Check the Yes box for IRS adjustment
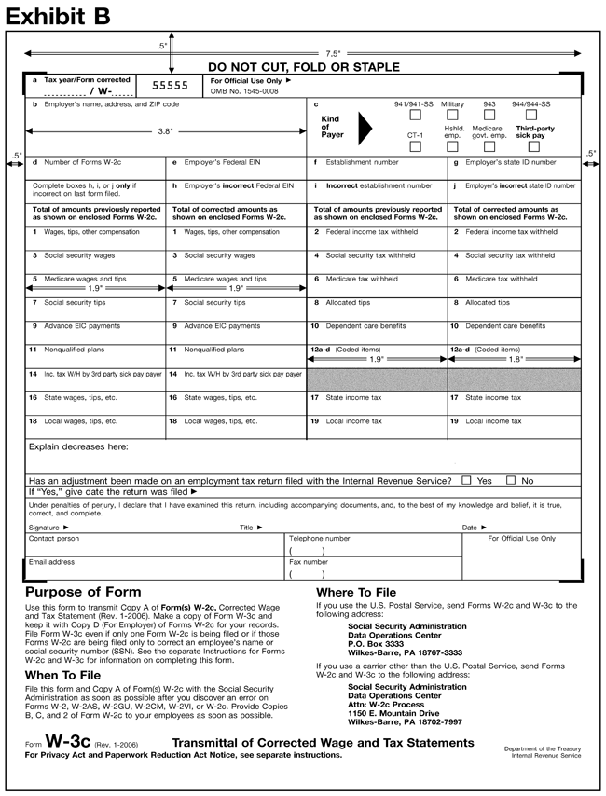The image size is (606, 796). click(x=466, y=480)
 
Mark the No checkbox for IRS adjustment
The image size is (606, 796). click(x=510, y=480)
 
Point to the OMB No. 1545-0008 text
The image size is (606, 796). click(x=245, y=91)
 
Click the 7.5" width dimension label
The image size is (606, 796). click(x=333, y=54)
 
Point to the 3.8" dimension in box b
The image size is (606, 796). click(x=166, y=131)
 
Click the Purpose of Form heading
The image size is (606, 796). click(x=83, y=592)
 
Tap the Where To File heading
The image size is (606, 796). click(x=356, y=592)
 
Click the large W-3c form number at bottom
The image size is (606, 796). click(x=69, y=743)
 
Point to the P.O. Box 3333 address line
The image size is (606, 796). click(x=375, y=644)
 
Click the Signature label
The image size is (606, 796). click(x=48, y=528)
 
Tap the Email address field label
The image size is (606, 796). click(x=51, y=562)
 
